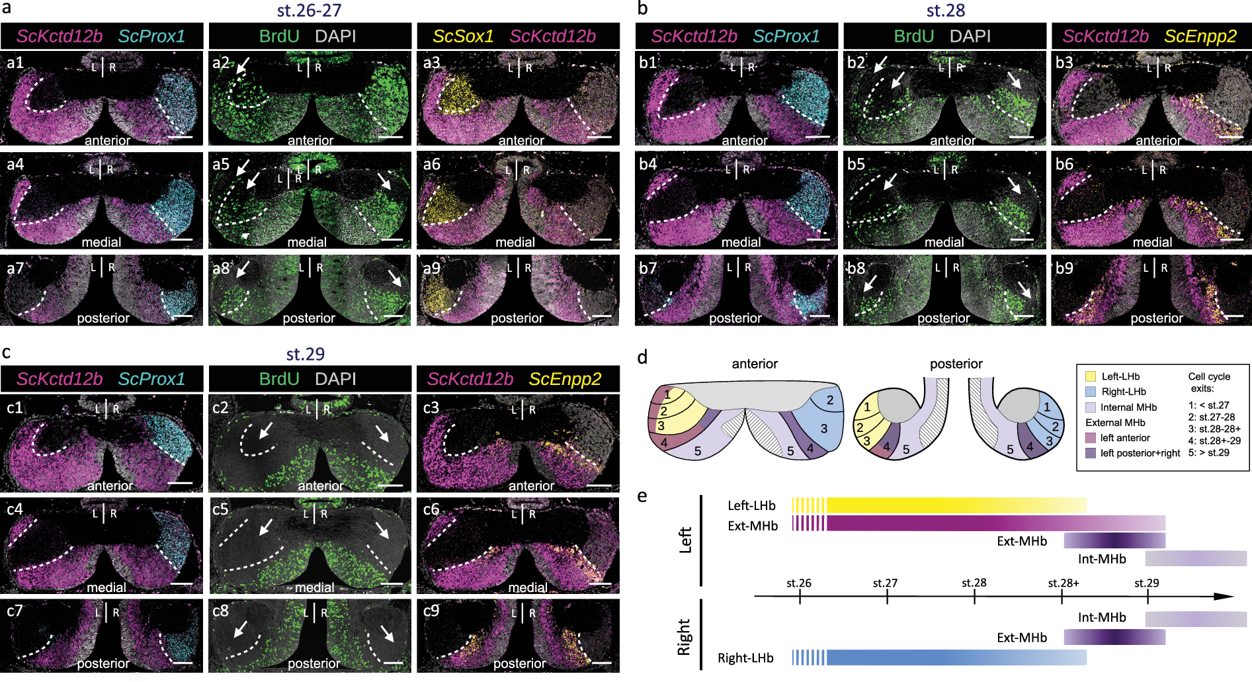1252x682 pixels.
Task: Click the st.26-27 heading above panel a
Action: (309, 11)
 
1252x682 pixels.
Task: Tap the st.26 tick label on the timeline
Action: (798, 583)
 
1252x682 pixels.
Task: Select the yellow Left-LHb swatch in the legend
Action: (1090, 376)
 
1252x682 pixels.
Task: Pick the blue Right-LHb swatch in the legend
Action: (1090, 392)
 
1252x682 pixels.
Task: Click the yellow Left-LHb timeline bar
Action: (952, 505)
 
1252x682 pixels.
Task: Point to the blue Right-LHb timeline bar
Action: (952, 657)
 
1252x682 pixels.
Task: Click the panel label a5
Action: (221, 164)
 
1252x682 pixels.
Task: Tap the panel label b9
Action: (1064, 268)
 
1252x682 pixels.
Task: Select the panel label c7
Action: (15, 611)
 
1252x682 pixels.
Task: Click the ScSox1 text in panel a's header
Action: (463, 36)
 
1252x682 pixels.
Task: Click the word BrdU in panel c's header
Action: (279, 379)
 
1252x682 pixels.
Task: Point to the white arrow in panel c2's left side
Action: (266, 431)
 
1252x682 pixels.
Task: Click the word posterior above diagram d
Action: (956, 364)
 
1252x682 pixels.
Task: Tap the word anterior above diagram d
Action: (755, 364)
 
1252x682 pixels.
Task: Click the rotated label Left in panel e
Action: (685, 540)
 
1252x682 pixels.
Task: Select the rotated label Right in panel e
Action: (684, 636)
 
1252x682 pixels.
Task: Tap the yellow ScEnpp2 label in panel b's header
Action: (1200, 36)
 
